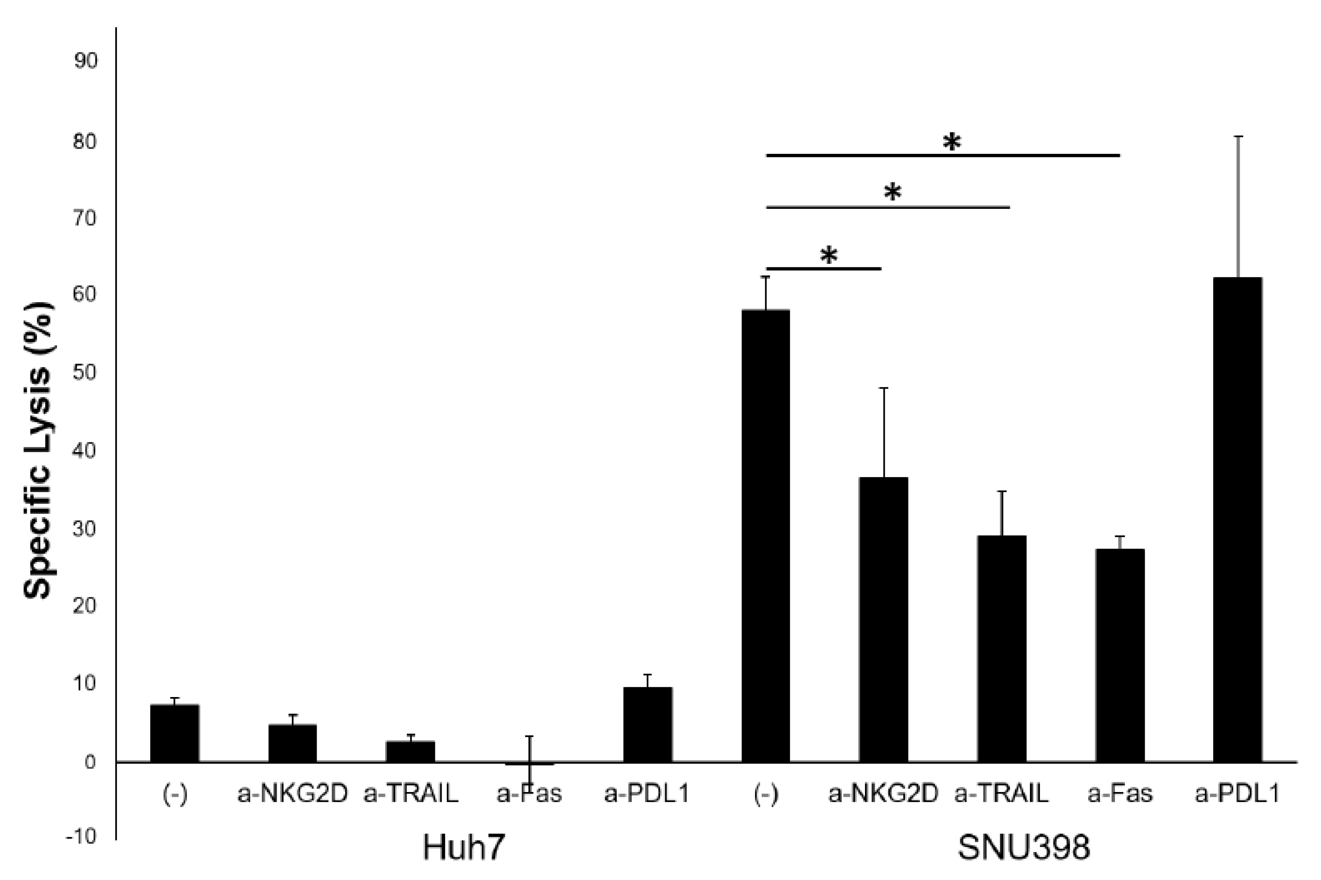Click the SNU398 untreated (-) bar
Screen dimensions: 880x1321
point(766,536)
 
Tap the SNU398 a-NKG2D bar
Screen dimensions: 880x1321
point(883,620)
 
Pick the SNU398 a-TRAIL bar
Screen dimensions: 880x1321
point(1002,649)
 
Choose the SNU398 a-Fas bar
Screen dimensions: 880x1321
point(1120,656)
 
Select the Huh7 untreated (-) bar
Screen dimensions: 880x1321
point(175,733)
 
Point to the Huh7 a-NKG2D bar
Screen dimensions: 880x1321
point(292,743)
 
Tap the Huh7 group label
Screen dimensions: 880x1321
point(463,847)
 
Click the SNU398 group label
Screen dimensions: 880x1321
point(1024,847)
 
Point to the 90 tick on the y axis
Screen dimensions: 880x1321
point(85,61)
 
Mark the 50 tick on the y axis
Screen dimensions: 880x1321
point(85,372)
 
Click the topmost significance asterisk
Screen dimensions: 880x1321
point(952,142)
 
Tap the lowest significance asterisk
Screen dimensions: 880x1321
point(829,256)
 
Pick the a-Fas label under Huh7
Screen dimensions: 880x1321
point(529,793)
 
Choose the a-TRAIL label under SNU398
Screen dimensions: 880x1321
point(1002,793)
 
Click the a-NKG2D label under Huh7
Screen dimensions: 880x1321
point(292,793)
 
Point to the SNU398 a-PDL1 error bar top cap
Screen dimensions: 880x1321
point(1237,136)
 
